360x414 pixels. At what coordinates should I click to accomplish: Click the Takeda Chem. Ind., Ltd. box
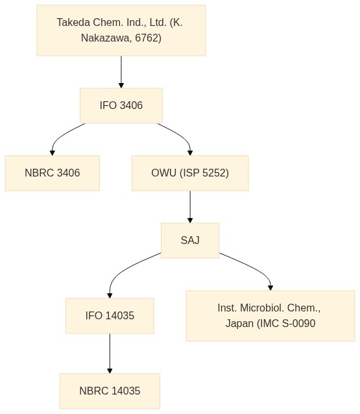point(121,30)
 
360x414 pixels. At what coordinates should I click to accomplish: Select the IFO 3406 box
point(121,106)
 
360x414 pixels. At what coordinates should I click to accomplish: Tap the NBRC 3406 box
point(53,173)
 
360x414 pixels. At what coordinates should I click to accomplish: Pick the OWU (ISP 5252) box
point(190,173)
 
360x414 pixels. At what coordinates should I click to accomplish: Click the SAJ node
point(190,240)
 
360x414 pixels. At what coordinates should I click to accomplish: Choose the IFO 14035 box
point(110,316)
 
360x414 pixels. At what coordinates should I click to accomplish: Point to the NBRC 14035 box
point(110,391)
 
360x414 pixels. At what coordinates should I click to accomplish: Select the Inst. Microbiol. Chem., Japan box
point(270,316)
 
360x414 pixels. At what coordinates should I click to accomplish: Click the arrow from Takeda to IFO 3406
point(121,72)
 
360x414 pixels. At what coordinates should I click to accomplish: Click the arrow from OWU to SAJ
point(190,207)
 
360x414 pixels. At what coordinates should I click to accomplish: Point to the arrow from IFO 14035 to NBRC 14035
point(110,354)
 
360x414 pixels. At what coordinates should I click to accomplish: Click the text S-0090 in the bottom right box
point(298,323)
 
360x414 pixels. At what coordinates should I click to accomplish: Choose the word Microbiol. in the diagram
point(262,308)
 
